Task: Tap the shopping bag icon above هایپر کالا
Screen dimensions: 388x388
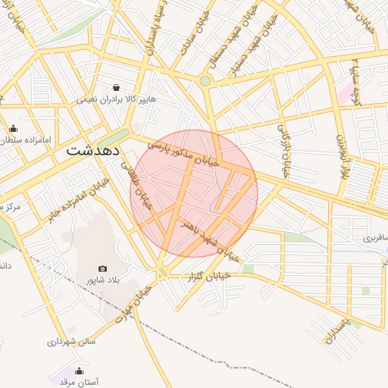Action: [116, 87]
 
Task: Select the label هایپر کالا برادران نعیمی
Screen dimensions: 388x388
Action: [114, 99]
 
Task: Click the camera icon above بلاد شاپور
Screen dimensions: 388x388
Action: [103, 268]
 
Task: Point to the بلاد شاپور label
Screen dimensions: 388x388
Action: [101, 280]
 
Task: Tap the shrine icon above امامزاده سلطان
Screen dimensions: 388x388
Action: [13, 128]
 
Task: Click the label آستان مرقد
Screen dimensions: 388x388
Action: [79, 383]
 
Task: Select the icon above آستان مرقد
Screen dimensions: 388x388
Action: [80, 371]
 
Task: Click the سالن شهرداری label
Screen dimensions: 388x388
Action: [70, 342]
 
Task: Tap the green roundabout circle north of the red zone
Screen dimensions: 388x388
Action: [205, 81]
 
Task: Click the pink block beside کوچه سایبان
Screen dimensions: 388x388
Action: [346, 93]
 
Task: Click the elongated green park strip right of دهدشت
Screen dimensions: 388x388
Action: [113, 139]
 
